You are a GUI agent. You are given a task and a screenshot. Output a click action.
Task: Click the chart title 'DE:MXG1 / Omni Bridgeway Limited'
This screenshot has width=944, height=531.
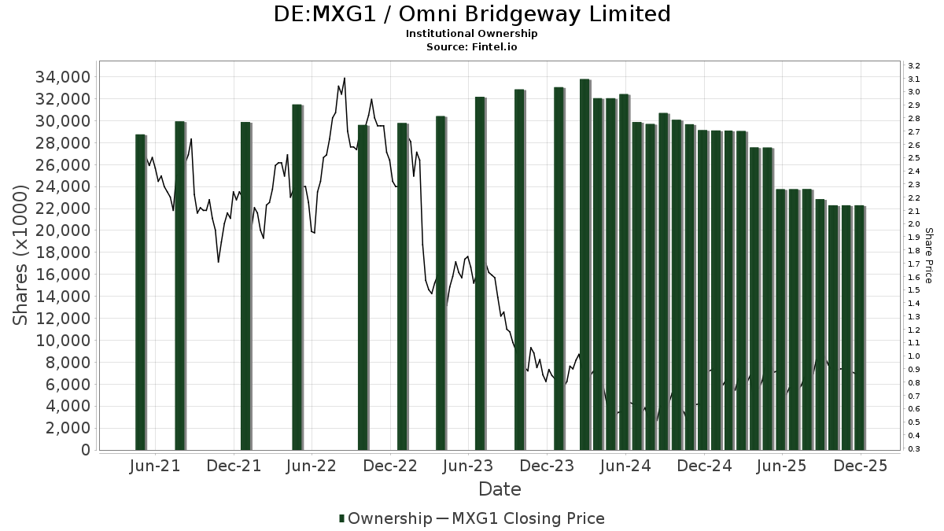coord(472,14)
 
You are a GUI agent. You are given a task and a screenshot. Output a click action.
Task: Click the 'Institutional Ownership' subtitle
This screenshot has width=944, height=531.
coord(471,34)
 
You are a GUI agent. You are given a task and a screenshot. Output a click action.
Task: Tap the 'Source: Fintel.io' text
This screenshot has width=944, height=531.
coord(471,46)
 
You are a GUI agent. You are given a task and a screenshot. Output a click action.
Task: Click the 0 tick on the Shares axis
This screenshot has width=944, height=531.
coord(84,450)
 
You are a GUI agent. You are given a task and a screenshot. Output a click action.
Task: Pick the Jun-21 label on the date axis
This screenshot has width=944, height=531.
coord(154,466)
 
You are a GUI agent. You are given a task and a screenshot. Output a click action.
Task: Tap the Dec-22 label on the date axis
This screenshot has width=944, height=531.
coord(390,466)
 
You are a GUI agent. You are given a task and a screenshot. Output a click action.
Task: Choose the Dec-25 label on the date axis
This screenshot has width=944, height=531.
coord(861,466)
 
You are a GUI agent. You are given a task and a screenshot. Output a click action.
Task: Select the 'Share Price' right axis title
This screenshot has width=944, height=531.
coord(928,256)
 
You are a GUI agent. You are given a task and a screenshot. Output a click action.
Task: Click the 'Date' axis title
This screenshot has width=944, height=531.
coord(500,489)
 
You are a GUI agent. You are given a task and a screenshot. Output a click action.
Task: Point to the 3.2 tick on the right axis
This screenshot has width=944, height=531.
coord(913,65)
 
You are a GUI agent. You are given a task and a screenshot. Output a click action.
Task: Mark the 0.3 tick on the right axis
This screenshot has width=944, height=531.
coord(913,449)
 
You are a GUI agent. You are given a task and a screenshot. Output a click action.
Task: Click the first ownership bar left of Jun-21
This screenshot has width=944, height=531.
coord(140,291)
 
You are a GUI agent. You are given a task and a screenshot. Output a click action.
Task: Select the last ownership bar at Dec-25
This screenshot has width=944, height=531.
coord(859,327)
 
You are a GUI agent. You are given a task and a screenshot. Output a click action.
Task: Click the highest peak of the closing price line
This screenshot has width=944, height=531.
coord(345,78)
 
